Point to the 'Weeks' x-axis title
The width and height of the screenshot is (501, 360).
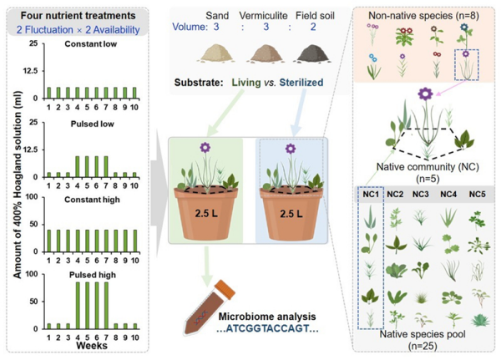click(x=93, y=346)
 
